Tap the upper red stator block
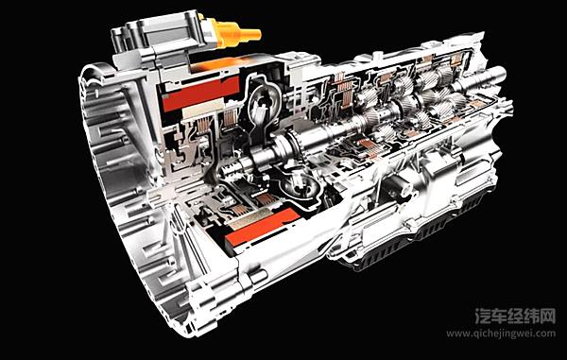201,94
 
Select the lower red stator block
263,227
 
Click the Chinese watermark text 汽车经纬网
515,317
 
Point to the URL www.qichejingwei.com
501,334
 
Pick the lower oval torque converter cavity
301,185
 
